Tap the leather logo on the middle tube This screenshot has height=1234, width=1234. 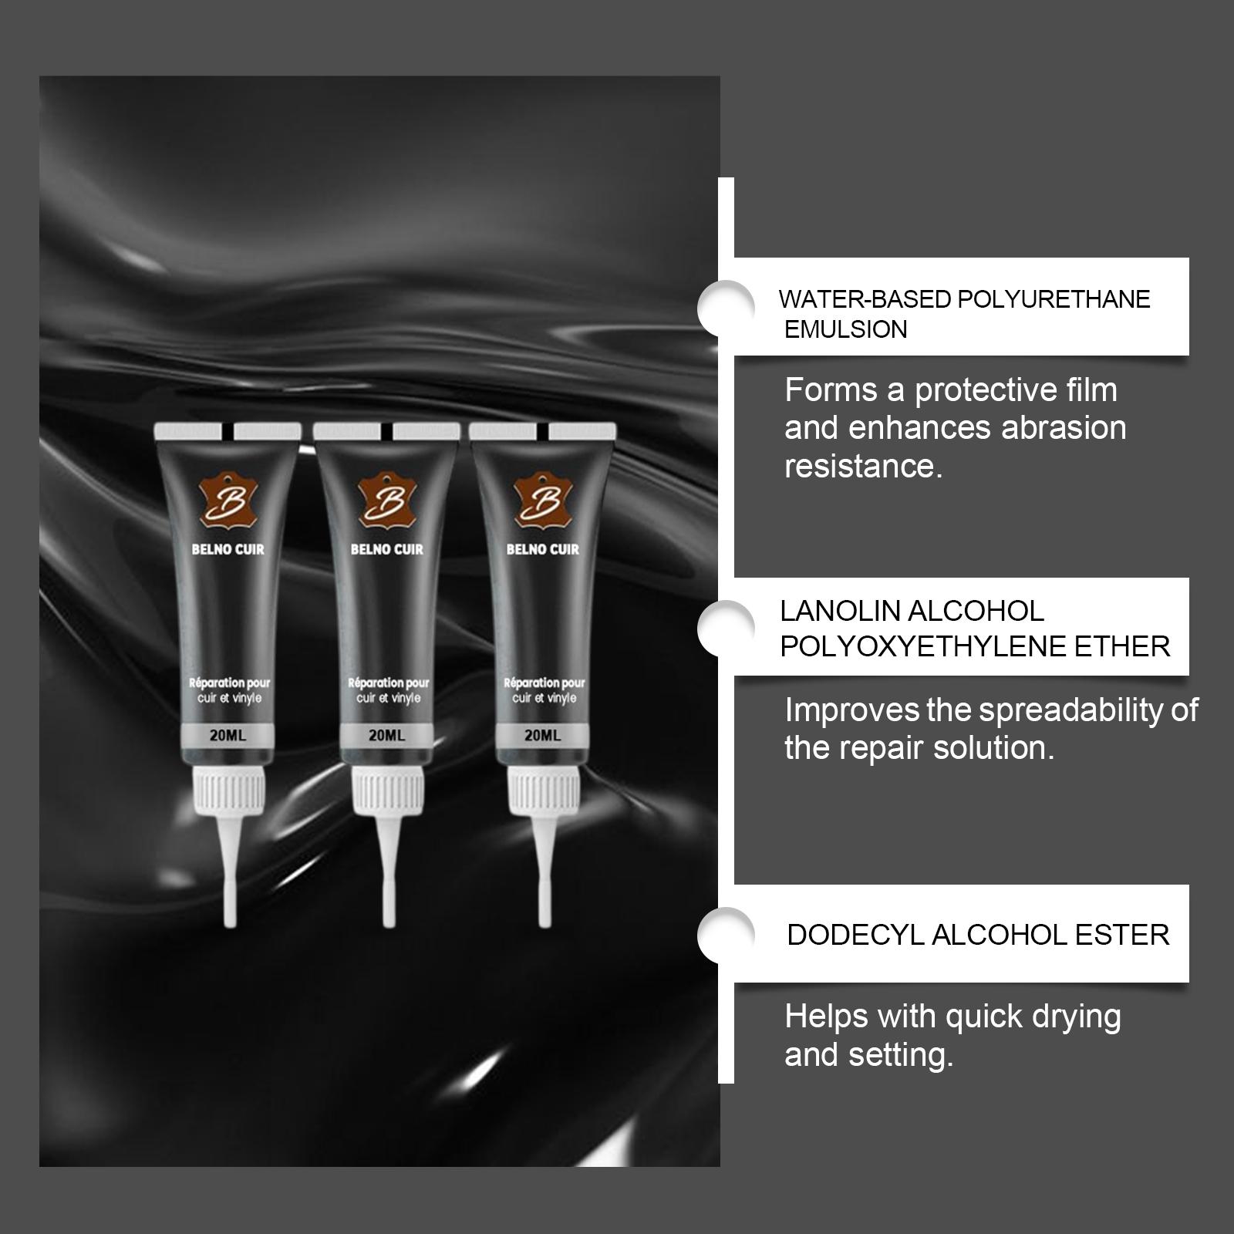click(386, 501)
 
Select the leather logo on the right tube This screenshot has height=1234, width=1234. click(542, 501)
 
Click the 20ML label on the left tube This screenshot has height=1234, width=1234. click(228, 736)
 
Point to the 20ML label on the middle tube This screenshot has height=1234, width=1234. click(387, 736)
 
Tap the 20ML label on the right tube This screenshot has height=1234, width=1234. click(543, 736)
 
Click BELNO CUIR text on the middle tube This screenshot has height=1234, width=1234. click(387, 549)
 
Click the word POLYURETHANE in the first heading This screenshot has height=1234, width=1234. click(1054, 299)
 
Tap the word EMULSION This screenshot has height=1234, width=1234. click(846, 329)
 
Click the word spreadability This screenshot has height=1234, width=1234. click(1070, 711)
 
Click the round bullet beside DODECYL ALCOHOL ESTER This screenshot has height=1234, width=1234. click(726, 935)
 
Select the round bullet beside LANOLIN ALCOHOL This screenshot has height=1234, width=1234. click(726, 629)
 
